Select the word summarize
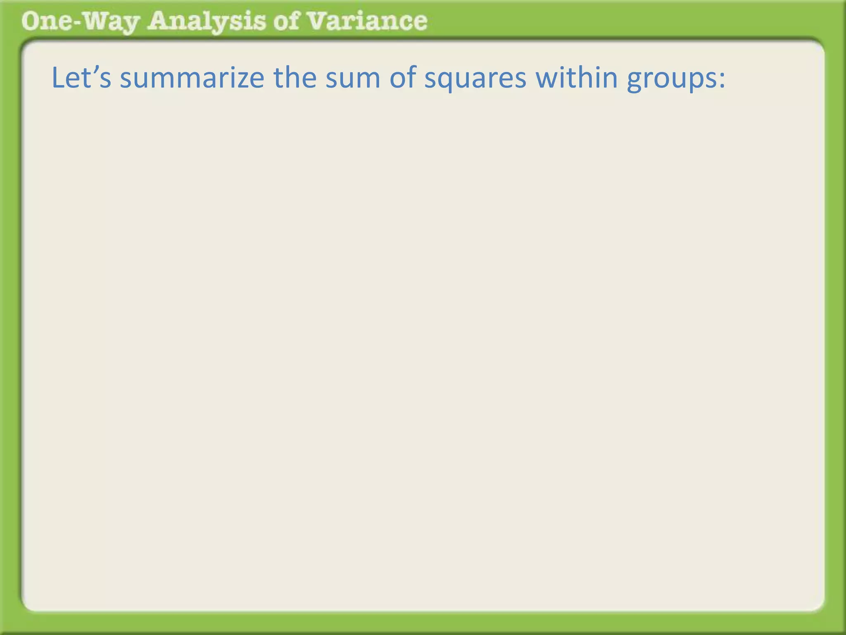192,78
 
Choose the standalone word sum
353,78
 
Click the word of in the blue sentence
402,78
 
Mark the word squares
475,78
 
